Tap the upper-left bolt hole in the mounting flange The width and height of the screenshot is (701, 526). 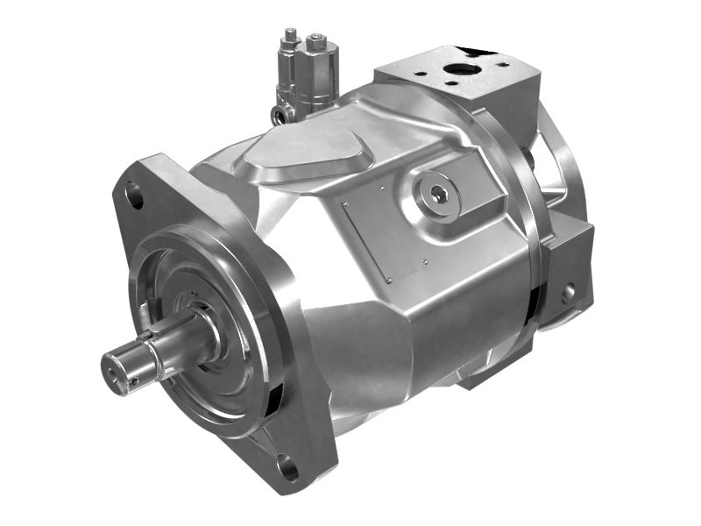pyautogui.click(x=134, y=195)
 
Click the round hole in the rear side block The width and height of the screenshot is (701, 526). pyautogui.click(x=568, y=292)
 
